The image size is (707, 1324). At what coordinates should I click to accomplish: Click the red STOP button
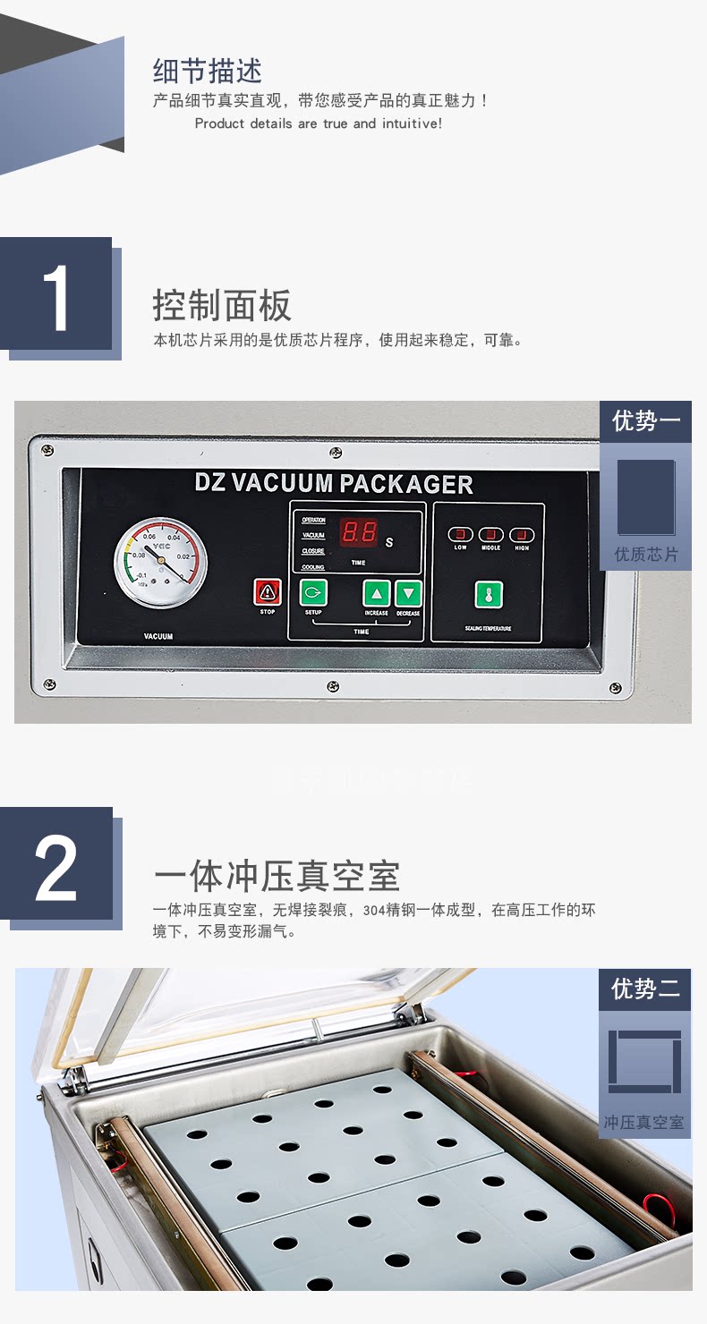click(x=267, y=592)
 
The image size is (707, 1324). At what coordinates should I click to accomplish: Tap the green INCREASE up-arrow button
click(x=377, y=593)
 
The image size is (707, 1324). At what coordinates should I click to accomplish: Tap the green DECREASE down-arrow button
click(x=408, y=593)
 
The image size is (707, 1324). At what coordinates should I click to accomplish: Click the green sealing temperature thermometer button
click(x=488, y=595)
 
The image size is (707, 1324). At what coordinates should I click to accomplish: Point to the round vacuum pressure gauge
click(x=160, y=563)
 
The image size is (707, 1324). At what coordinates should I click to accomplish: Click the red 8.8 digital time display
click(x=358, y=531)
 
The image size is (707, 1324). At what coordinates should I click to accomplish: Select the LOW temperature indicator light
click(x=460, y=535)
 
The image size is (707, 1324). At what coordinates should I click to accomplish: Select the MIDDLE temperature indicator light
click(x=490, y=535)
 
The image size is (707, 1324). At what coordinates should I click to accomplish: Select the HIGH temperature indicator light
click(x=522, y=535)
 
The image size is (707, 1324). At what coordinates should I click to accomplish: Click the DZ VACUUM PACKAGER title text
click(x=334, y=484)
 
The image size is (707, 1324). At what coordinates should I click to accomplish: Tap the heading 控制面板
click(x=222, y=306)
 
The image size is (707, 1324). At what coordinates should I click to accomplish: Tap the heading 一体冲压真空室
click(x=276, y=876)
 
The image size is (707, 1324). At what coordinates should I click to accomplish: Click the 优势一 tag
click(x=645, y=421)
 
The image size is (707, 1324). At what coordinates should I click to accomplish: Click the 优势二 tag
click(x=645, y=989)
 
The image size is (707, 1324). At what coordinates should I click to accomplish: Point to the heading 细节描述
click(x=208, y=71)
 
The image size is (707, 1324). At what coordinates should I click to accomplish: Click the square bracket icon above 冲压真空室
click(x=644, y=1062)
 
